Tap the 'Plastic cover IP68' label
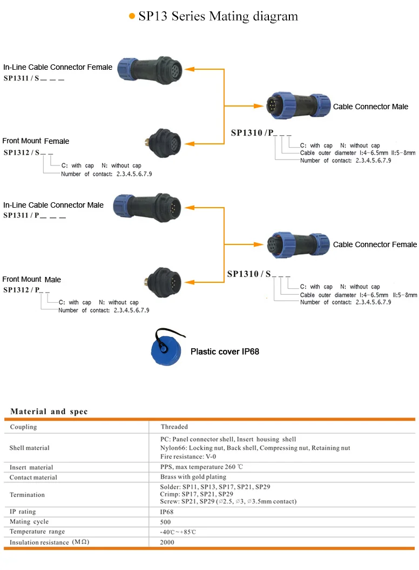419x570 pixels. [225, 352]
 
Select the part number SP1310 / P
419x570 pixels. [253, 132]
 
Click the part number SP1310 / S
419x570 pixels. [250, 274]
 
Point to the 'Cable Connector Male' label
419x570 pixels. [370, 107]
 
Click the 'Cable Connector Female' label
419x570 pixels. [375, 244]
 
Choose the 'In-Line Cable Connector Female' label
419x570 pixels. [58, 68]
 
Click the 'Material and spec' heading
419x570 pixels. [49, 412]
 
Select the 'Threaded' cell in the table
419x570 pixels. [174, 427]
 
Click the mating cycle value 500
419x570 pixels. [166, 522]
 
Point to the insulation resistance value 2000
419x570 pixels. [167, 542]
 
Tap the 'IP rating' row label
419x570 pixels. [23, 512]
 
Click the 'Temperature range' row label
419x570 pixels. [37, 532]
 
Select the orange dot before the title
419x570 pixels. [132, 17]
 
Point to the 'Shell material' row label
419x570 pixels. [29, 448]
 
